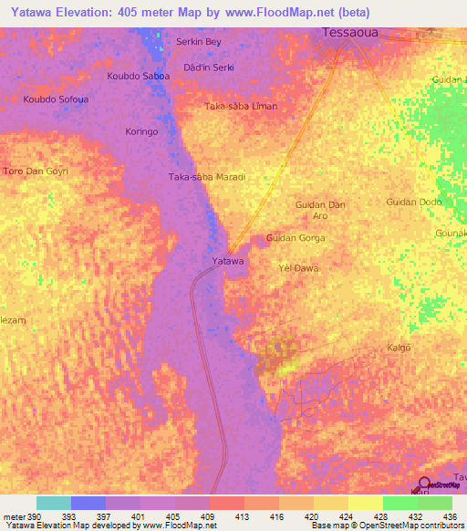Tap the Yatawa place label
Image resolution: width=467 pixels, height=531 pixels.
pos(227,262)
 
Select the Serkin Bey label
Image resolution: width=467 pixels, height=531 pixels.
pos(199,42)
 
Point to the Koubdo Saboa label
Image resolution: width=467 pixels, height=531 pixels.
pos(138,76)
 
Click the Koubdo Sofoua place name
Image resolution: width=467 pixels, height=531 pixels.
pos(56,99)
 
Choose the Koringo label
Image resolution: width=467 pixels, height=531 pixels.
pos(141,132)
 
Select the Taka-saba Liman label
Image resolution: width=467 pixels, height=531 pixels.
pos(241,107)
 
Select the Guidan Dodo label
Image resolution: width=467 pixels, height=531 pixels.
pos(414,202)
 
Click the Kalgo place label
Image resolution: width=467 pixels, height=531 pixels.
pos(400,348)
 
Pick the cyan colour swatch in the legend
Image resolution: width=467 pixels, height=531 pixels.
pos(53,503)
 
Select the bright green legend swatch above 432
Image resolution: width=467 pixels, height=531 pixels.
pos(400,503)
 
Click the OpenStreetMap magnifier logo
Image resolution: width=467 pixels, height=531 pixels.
pos(424,484)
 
